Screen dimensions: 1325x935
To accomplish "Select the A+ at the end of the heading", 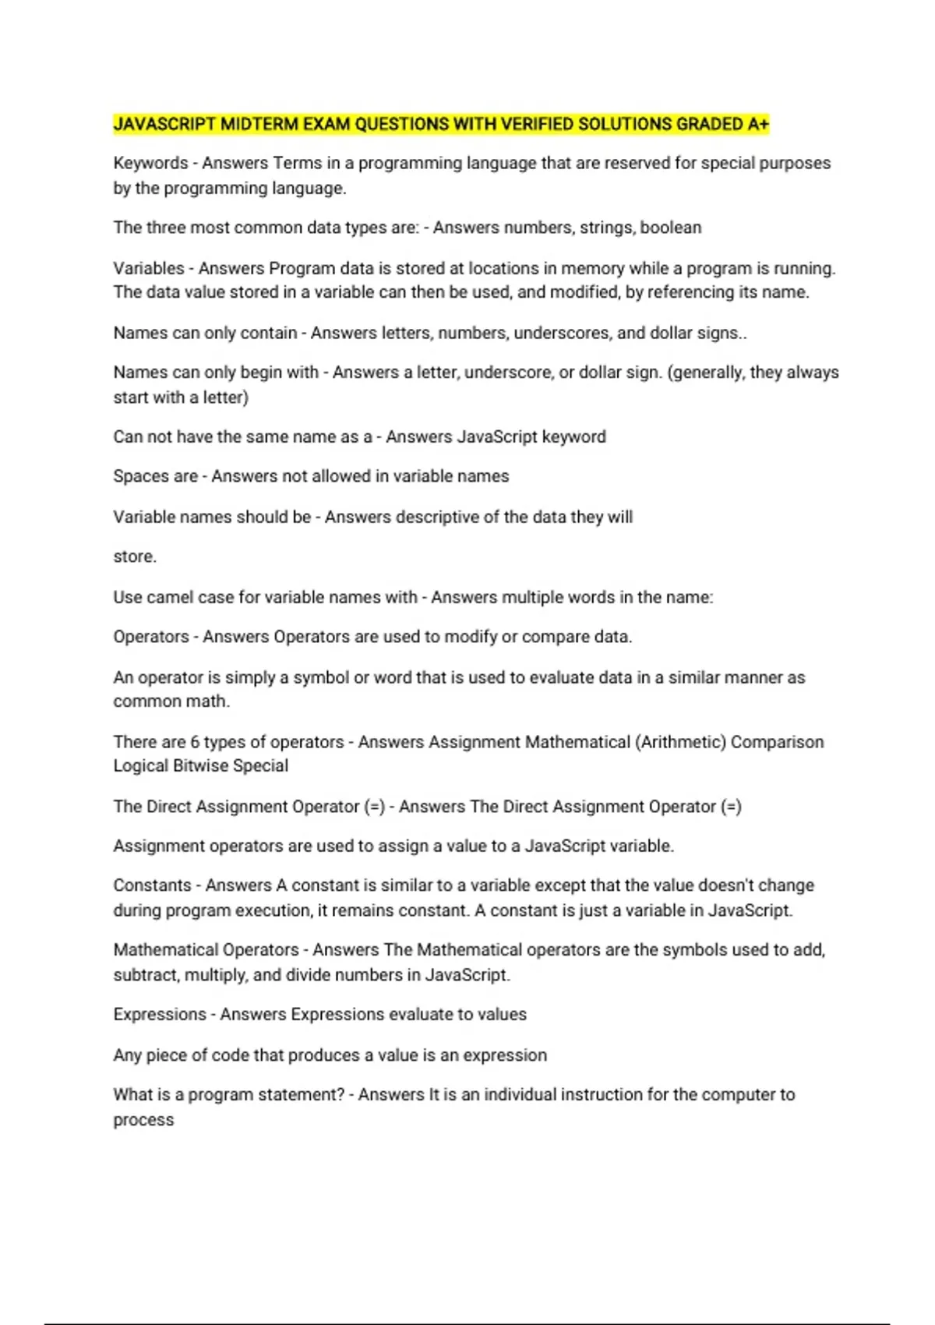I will click(758, 124).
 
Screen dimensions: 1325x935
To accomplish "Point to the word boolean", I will click(671, 228).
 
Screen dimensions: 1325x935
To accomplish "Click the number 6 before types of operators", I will click(195, 742).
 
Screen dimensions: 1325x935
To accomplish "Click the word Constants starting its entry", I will click(152, 885).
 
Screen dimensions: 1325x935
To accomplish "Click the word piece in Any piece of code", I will click(166, 1055).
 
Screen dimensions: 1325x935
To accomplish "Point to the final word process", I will click(143, 1120).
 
